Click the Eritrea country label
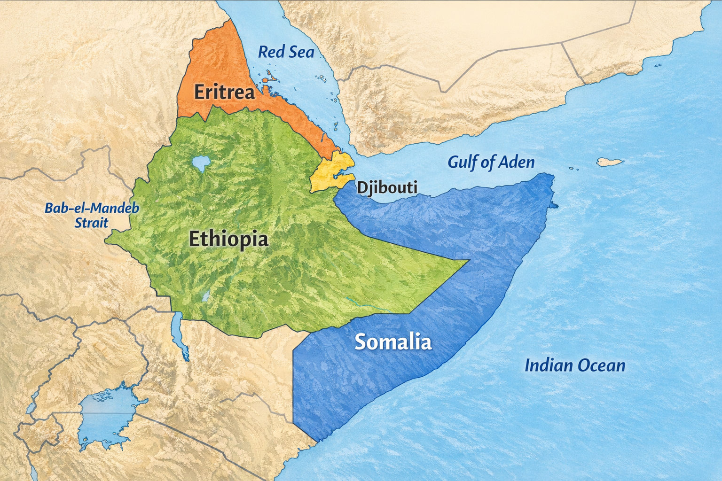coord(224,92)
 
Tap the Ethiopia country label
coord(228,239)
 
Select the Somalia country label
coord(392,341)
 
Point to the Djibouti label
coord(387,187)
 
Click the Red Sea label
coord(286,52)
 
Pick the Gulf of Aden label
coord(491,162)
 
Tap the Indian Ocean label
coord(574,365)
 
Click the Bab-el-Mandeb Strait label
coord(92,215)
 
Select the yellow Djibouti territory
coord(329,171)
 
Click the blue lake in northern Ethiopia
coord(201,163)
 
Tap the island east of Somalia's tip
coord(610,163)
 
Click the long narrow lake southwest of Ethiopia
coord(180,336)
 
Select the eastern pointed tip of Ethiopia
coord(468,260)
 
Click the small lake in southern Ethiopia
coord(206,296)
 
